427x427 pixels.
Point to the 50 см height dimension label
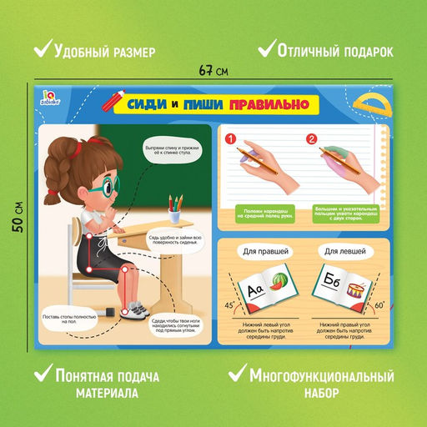[18, 217]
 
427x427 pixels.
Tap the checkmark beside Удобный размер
[39, 50]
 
